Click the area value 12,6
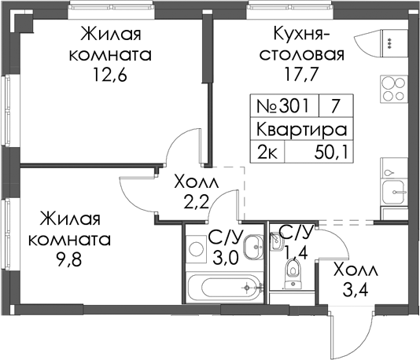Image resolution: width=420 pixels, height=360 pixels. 109,74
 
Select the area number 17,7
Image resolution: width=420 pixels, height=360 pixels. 302,74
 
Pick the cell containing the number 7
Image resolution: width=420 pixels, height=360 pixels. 336,105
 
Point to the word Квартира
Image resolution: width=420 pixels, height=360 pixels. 302,130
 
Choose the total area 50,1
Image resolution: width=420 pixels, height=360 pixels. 331,152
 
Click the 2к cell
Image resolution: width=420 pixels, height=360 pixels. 267,152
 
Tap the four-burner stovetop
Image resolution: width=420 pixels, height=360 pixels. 393,89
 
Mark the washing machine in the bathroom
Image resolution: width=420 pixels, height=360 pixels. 197,248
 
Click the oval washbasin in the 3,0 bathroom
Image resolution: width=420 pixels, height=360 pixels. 253,247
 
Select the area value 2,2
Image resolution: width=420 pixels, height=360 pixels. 197,203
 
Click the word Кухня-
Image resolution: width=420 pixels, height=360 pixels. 302,35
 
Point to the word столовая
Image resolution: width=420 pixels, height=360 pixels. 302,54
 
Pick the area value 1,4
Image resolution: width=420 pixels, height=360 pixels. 296,252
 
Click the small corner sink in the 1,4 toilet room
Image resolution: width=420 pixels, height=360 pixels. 275,242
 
